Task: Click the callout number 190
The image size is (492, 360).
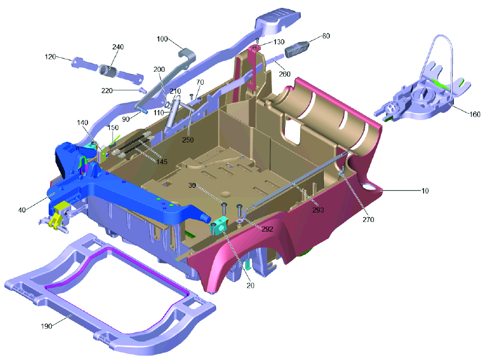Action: tap(47, 326)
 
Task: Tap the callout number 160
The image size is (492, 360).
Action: tap(475, 114)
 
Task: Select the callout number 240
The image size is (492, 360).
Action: tap(118, 47)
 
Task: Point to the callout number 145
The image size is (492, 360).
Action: tap(162, 162)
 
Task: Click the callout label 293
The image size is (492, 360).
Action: tap(318, 210)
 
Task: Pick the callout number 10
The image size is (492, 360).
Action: tap(425, 191)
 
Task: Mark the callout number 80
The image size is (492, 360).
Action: tap(326, 36)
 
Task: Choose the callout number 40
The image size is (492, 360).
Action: tap(22, 210)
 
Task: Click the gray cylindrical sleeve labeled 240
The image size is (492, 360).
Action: tap(108, 70)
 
